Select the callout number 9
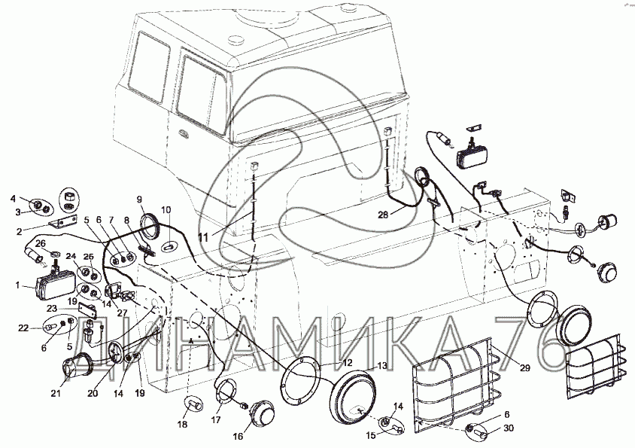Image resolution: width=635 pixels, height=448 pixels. coord(139,199)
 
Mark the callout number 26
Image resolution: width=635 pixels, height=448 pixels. coord(41,242)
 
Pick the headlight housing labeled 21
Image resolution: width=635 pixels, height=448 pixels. coord(74,369)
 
